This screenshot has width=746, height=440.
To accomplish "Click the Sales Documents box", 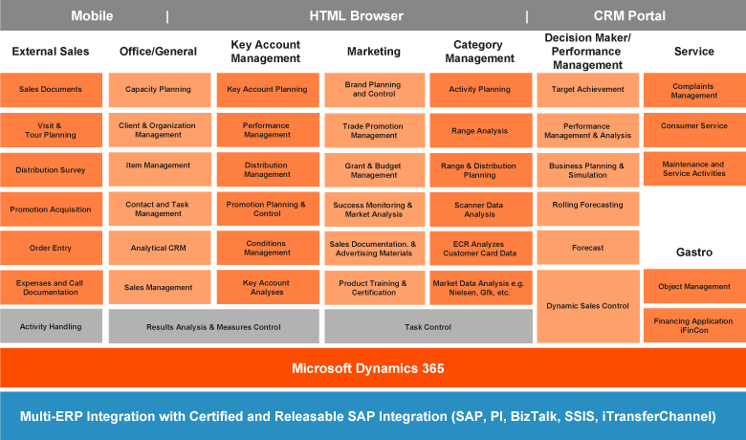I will coord(51,90).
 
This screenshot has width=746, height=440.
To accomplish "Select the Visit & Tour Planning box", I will coord(51,130).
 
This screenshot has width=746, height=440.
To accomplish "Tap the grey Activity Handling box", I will coord(51,326).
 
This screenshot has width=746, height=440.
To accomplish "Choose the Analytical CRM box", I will coord(158,248).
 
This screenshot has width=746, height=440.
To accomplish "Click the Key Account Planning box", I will coord(267,90).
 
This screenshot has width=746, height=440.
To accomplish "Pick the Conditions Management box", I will coord(267,248).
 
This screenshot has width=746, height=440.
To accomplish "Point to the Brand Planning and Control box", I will coord(373,90).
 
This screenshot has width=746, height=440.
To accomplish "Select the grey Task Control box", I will coord(428,326).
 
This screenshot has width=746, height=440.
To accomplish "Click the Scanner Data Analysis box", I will coord(480,209).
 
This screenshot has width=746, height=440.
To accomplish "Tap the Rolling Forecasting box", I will coord(587,205).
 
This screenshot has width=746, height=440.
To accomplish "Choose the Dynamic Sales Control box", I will coord(587,306).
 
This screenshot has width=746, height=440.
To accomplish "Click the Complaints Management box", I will coord(694,90).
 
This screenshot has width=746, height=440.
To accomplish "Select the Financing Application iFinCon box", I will coord(694,326).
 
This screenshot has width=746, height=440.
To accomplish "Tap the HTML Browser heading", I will coord(356,16).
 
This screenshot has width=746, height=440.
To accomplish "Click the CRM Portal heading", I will coord(629,16).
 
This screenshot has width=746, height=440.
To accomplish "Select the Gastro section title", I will coord(694,252).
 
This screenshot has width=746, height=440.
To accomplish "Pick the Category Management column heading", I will coord(480,52).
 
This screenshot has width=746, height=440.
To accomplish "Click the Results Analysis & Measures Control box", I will coord(213,326).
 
